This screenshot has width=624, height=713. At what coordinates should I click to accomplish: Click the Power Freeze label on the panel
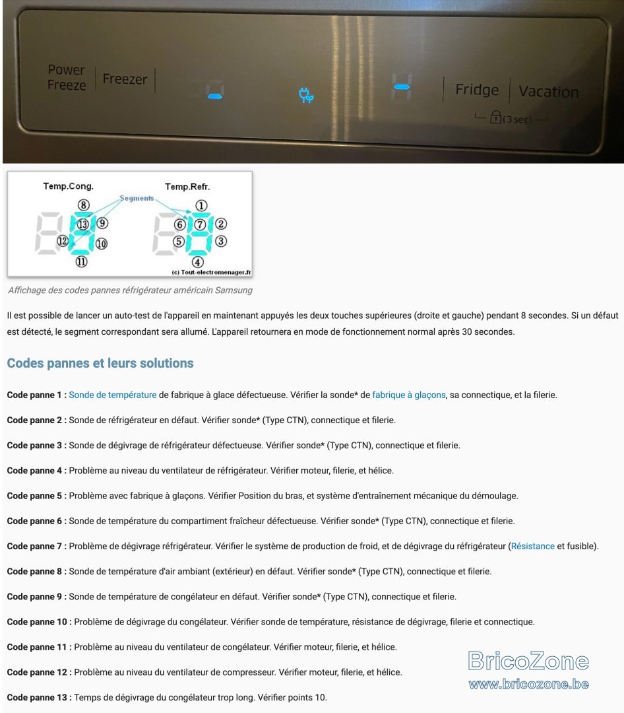click(x=67, y=77)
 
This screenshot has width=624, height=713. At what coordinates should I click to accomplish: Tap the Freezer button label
click(x=125, y=79)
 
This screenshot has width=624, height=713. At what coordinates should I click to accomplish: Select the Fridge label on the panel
click(x=477, y=90)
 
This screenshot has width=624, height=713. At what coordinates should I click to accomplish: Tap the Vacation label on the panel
click(x=549, y=91)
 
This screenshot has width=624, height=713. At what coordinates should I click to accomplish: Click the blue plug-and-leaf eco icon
click(x=306, y=94)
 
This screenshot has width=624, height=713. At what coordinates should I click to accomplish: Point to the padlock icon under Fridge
click(x=495, y=117)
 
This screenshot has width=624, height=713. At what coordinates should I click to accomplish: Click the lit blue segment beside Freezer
click(x=215, y=96)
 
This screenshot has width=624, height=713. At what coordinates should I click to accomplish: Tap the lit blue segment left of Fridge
click(x=402, y=87)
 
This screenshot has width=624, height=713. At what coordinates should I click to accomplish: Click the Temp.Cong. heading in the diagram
click(x=68, y=186)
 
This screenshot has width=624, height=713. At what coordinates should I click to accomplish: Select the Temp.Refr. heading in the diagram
click(x=187, y=186)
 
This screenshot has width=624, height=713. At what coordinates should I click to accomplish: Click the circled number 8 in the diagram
click(x=83, y=205)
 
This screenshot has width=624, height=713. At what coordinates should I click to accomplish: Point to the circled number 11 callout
click(x=81, y=261)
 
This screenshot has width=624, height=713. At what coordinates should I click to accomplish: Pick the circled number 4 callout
click(x=197, y=262)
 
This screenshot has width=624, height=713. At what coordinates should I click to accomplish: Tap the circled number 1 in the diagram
click(x=201, y=205)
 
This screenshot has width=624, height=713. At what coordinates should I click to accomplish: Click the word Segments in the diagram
click(x=137, y=198)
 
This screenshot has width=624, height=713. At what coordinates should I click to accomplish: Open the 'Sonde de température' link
click(x=113, y=395)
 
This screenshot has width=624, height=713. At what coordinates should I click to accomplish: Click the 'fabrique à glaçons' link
click(x=409, y=395)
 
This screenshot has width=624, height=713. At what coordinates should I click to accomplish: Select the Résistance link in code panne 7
click(x=533, y=546)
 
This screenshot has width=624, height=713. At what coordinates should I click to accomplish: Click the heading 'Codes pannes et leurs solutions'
click(x=100, y=363)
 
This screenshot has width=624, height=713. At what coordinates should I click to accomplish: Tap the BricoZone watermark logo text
click(x=528, y=661)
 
